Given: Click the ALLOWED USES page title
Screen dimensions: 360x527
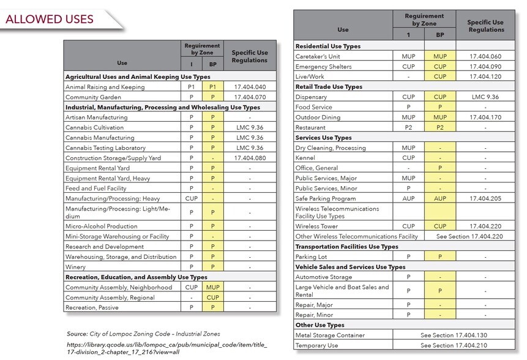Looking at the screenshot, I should [x=50, y=19].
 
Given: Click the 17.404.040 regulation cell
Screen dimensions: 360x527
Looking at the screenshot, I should [x=249, y=87].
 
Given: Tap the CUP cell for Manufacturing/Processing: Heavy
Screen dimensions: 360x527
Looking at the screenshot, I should [x=191, y=198].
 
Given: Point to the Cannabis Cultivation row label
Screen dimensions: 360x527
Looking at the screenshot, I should [x=94, y=127].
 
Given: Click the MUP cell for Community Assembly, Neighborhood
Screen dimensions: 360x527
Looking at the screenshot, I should [x=212, y=287].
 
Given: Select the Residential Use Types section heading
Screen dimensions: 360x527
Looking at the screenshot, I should [x=327, y=46].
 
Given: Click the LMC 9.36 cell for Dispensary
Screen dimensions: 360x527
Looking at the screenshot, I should [x=485, y=97].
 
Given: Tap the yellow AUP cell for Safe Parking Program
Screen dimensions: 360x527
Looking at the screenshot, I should [x=439, y=198].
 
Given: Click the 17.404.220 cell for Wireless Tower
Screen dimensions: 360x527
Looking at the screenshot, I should [x=485, y=226].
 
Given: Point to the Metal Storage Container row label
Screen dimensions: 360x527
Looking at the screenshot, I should [x=329, y=335].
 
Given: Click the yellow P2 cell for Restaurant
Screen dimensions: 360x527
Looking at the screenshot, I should [x=439, y=127].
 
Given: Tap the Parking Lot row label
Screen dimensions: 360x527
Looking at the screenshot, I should [x=312, y=257].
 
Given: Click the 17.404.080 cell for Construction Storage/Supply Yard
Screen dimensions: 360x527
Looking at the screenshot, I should [x=249, y=158].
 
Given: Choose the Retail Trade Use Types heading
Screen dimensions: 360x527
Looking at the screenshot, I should [x=329, y=87].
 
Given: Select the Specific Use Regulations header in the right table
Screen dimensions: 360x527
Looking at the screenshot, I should [x=485, y=26].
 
